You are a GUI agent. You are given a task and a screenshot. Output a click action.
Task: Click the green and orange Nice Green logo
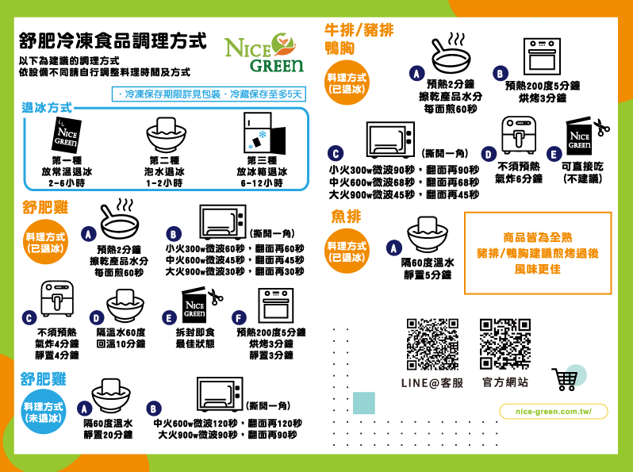coord(263,52)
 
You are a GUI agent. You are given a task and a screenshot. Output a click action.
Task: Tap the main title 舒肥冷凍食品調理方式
coord(113,40)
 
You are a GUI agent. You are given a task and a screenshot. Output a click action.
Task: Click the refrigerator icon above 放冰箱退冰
coord(264,133)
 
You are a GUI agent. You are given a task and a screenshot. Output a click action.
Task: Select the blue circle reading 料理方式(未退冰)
coord(43,412)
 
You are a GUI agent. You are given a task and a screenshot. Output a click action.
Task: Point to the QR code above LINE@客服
coord(432,344)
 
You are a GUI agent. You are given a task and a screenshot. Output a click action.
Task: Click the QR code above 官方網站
coord(505,344)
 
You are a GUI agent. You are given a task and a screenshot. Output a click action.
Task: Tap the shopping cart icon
coord(565,379)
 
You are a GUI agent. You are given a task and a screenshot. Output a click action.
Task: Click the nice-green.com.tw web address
coord(554,412)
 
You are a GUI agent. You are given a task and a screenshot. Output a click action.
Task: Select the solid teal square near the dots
coord(364,403)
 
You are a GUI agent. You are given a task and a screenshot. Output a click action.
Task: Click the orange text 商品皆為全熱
coord(537,237)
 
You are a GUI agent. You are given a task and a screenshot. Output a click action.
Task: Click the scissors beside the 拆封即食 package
coord(216,297)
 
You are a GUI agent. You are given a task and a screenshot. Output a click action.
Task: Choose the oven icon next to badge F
coord(276,305)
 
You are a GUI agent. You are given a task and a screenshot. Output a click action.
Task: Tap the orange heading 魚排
coord(346,217)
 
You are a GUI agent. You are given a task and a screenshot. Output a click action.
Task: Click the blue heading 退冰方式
coord(47,108)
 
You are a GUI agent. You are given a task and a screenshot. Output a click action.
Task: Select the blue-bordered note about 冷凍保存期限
coord(209,94)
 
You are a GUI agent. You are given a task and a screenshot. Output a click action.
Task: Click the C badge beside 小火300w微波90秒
coord(336,153)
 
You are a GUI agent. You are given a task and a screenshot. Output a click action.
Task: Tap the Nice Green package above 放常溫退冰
coord(67,136)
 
